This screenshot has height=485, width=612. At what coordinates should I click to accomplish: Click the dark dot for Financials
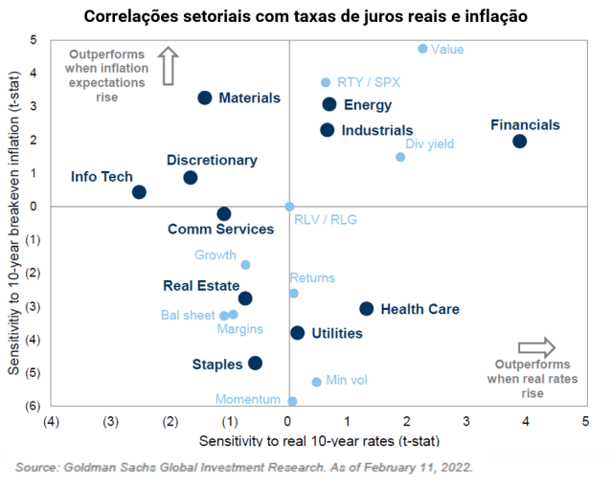(x=519, y=142)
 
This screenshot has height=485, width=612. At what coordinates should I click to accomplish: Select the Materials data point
(x=204, y=98)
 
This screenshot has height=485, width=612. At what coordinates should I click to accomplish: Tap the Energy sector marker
(x=329, y=104)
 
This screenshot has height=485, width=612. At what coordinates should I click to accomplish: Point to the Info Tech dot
(x=139, y=192)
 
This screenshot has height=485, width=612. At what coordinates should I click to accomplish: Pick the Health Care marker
(x=366, y=308)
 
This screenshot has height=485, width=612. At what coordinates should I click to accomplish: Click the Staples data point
(x=255, y=363)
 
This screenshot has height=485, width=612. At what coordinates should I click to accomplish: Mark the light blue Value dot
(x=422, y=49)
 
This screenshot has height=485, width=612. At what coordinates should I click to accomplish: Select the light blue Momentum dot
(x=292, y=401)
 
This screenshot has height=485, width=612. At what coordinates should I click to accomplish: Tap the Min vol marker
(x=316, y=382)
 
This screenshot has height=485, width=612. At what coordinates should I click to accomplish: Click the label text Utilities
(x=337, y=334)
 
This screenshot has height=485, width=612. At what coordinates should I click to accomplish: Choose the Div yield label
(x=429, y=144)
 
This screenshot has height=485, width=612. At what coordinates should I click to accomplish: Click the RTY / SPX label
(x=369, y=83)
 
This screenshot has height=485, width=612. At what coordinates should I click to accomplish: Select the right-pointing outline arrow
(x=536, y=346)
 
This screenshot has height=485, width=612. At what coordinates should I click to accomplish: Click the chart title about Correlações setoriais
(x=306, y=16)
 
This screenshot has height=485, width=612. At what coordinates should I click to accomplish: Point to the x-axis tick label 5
(x=584, y=421)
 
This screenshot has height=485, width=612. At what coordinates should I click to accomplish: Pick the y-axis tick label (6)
(x=31, y=405)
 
